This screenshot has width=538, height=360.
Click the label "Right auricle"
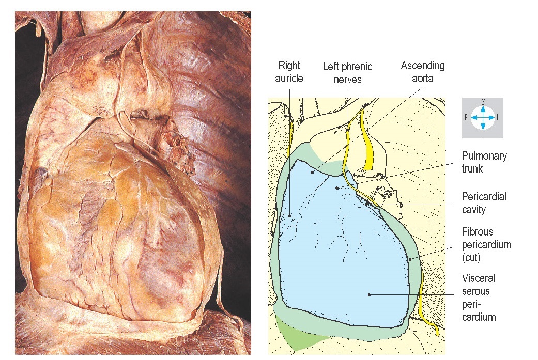tap(289, 72)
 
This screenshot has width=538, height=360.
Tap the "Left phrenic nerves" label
tap(347, 73)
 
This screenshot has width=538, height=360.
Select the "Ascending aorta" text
tap(423, 72)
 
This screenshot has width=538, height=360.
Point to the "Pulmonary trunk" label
tap(484, 162)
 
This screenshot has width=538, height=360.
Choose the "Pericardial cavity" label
tap(484, 203)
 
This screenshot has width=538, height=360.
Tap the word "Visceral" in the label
tap(479, 278)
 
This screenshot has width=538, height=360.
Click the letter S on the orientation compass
tap(483, 102)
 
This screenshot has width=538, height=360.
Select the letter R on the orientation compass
tap(467, 118)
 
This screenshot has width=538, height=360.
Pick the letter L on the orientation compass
tap(498, 118)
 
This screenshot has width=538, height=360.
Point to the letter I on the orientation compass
tap(483, 133)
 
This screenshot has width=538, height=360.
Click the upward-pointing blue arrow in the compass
tap(483, 110)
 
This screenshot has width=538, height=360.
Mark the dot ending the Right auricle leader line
tap(290, 215)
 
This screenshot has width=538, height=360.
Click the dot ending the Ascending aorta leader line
tap(312, 173)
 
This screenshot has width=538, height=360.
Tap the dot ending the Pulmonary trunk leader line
tap(336, 187)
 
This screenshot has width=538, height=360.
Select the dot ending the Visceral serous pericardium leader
tap(368, 294)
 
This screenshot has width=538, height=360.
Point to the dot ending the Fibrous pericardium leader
tap(409, 259)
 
